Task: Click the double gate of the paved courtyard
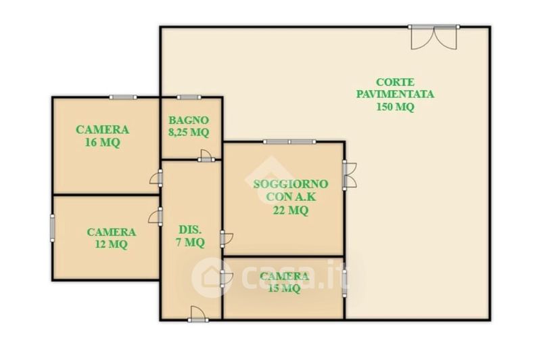[433, 37]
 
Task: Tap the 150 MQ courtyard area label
[395, 107]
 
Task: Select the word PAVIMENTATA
[395, 94]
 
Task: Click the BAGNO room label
[189, 120]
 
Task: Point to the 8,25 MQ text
[189, 132]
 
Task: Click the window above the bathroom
[189, 97]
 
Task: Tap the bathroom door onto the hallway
[206, 156]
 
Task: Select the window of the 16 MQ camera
[123, 97]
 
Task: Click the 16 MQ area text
[103, 142]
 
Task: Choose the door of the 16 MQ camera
[156, 178]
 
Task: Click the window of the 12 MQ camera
[53, 228]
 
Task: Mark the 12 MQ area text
[111, 244]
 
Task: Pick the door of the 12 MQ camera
[156, 217]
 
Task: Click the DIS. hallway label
[190, 229]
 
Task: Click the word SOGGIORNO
[291, 184]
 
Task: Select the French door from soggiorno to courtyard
[350, 175]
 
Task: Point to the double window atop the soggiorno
[289, 141]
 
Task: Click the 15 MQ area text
[284, 288]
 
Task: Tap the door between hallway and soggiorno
[227, 238]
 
